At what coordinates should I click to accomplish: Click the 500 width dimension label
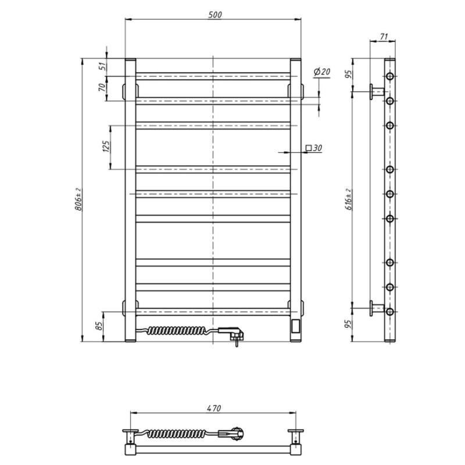(x=214, y=15)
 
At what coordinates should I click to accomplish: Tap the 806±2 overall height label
(x=78, y=199)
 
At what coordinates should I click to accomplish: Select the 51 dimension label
(x=102, y=66)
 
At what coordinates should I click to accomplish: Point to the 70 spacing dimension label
(x=102, y=87)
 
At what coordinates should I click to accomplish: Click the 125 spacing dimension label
(x=106, y=146)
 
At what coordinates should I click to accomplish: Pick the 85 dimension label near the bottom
(x=99, y=326)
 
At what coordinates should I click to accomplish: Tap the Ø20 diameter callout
(x=322, y=71)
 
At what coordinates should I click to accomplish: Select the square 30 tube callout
(x=314, y=148)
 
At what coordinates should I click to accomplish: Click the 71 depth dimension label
(x=384, y=37)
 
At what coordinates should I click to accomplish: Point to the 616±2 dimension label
(x=349, y=199)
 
